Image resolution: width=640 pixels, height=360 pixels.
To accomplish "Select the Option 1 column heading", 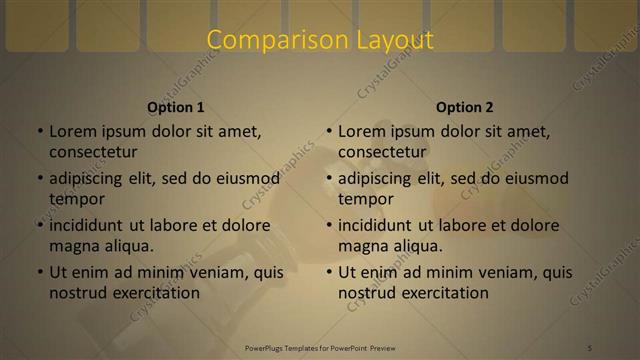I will click(x=176, y=107).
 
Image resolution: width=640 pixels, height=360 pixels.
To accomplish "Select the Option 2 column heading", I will click(x=465, y=107).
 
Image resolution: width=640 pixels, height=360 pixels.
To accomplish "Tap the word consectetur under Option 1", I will click(x=93, y=152).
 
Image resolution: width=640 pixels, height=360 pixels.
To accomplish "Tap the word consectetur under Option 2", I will click(x=382, y=152).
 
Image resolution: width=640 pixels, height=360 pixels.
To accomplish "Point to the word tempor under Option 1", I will click(x=77, y=199).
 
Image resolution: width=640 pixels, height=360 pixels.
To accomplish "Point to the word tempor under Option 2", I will click(x=366, y=199).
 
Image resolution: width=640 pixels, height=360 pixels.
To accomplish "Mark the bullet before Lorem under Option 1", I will click(x=39, y=131).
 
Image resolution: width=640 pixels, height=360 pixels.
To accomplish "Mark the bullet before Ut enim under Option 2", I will click(x=328, y=272).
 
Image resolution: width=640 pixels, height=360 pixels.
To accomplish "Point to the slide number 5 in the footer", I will click(x=590, y=347).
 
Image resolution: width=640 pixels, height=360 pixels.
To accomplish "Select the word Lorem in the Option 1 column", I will click(x=72, y=131).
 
